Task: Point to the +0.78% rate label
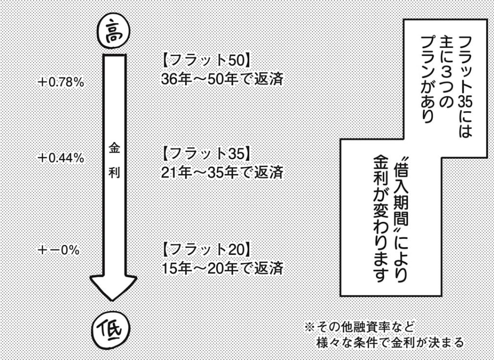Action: click(61, 82)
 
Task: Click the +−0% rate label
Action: click(58, 250)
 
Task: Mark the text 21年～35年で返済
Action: click(223, 173)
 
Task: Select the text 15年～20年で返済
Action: click(223, 268)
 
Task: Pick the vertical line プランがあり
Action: click(425, 78)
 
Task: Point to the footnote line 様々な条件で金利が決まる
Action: click(390, 343)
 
